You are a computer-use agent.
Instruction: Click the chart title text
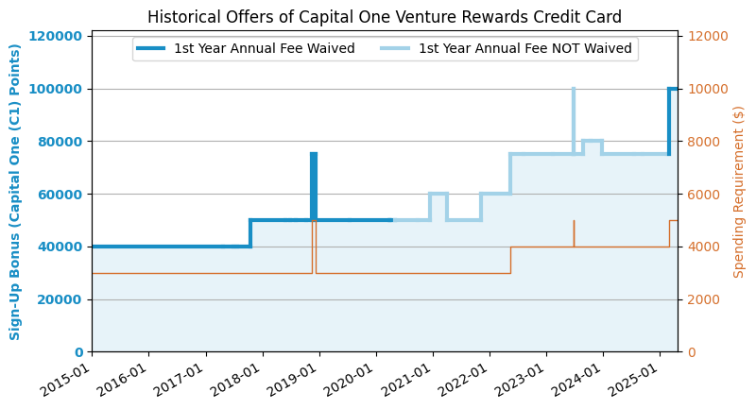[385, 17]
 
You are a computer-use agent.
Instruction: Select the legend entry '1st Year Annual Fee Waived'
[246, 48]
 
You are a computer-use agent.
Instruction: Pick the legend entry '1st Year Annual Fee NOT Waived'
[507, 48]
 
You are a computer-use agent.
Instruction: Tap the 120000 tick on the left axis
[55, 36]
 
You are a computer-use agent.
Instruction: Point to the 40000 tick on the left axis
[59, 247]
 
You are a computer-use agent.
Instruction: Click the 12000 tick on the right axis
[707, 36]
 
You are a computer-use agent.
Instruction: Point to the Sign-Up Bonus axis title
[14, 192]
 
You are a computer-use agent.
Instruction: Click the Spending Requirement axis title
[738, 192]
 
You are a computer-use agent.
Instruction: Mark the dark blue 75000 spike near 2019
[314, 186]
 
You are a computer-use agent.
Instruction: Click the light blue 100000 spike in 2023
[574, 121]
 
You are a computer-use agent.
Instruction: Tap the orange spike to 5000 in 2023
[575, 233]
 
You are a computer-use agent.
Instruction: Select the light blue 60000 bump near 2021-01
[438, 194]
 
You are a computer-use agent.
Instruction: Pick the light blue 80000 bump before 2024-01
[593, 141]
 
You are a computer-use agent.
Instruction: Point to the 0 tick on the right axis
[692, 352]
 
